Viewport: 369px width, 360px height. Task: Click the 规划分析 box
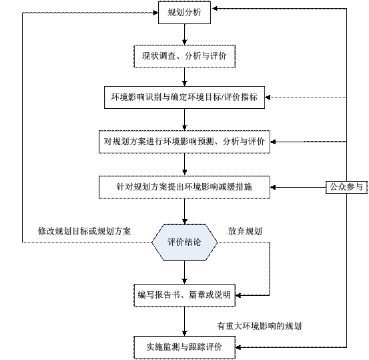[x=184, y=13]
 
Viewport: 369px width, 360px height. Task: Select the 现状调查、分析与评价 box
[x=184, y=56]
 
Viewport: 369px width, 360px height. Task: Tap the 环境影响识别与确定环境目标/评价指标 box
[x=184, y=98]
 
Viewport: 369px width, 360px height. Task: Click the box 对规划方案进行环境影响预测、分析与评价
[x=184, y=142]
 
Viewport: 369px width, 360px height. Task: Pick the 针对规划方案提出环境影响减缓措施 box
[x=184, y=187]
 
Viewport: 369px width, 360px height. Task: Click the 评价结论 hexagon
[x=184, y=242]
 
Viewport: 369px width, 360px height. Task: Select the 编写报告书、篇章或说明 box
[x=184, y=295]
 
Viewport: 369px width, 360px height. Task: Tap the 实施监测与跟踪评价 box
[x=184, y=347]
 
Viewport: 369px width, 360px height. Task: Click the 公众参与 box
[x=346, y=187]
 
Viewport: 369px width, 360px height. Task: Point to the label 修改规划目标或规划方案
[x=84, y=231]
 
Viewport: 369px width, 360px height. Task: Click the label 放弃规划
[x=245, y=231]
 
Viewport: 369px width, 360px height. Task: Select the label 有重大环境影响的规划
[x=259, y=326]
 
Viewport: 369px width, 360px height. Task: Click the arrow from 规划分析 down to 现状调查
[x=184, y=35]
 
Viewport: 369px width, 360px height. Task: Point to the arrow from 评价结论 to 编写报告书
[x=184, y=273]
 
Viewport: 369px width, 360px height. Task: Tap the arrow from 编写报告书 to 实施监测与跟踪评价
[x=184, y=321]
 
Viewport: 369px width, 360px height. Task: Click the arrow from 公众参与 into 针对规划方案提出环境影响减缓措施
[x=298, y=187]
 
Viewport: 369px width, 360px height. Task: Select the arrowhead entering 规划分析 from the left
[x=155, y=13]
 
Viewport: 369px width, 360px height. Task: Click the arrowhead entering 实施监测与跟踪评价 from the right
[x=238, y=347]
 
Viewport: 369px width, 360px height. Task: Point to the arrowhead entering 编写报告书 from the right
[x=238, y=295]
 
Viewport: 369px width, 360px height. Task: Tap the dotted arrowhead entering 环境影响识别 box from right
[x=268, y=97]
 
